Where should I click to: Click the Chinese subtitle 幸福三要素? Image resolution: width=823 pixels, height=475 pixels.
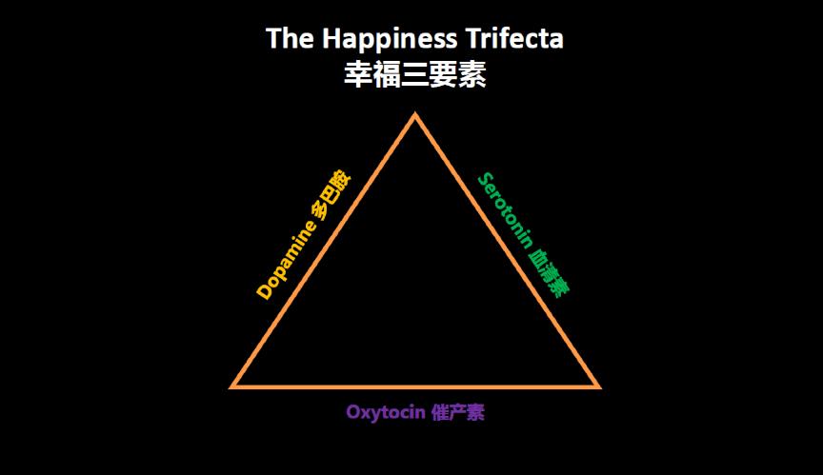pyautogui.click(x=415, y=74)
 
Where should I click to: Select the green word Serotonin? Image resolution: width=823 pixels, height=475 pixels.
pyautogui.click(x=506, y=210)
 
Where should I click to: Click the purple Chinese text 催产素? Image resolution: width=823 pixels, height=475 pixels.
pyautogui.click(x=458, y=413)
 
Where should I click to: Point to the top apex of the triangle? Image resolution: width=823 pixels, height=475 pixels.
pyautogui.click(x=414, y=117)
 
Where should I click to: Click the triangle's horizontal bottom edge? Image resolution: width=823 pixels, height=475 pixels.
pyautogui.click(x=415, y=386)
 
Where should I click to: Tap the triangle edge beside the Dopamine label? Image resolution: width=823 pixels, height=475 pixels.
pyautogui.click(x=324, y=251)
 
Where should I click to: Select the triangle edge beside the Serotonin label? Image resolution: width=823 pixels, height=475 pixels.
pyautogui.click(x=506, y=251)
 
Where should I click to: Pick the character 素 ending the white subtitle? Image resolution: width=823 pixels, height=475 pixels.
pyautogui.click(x=472, y=74)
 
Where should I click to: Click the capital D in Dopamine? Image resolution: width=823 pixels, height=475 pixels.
pyautogui.click(x=264, y=291)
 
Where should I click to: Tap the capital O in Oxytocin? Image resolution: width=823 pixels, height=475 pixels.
pyautogui.click(x=353, y=413)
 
